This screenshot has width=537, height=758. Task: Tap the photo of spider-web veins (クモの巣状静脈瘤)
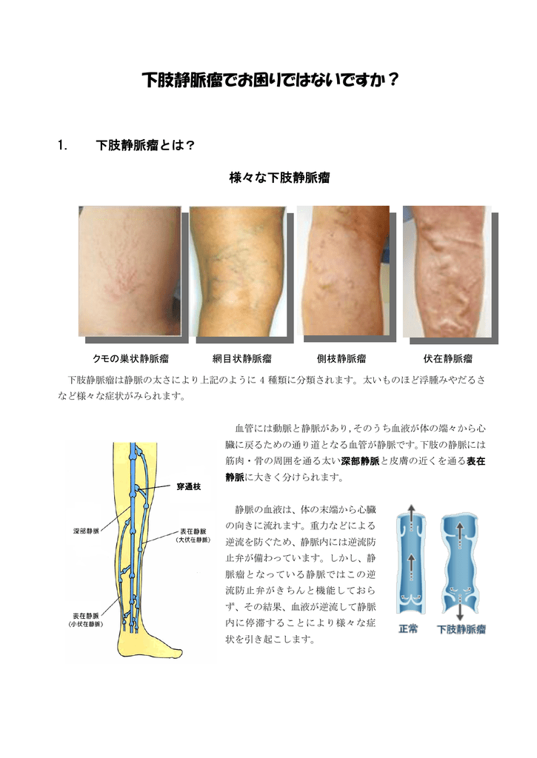130,270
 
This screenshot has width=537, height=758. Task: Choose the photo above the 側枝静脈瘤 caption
342,271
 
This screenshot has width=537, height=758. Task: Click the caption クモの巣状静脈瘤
130,359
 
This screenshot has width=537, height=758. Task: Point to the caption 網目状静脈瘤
241,359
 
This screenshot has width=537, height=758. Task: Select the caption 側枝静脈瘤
341,359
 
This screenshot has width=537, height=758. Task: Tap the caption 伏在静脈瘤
447,359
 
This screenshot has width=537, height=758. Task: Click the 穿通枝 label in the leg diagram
188,486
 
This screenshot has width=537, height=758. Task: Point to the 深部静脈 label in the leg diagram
86,531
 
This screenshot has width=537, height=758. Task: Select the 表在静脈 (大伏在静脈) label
193,535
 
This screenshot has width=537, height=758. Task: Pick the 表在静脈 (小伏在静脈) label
87,620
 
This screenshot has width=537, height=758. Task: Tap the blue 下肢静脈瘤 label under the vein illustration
461,629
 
